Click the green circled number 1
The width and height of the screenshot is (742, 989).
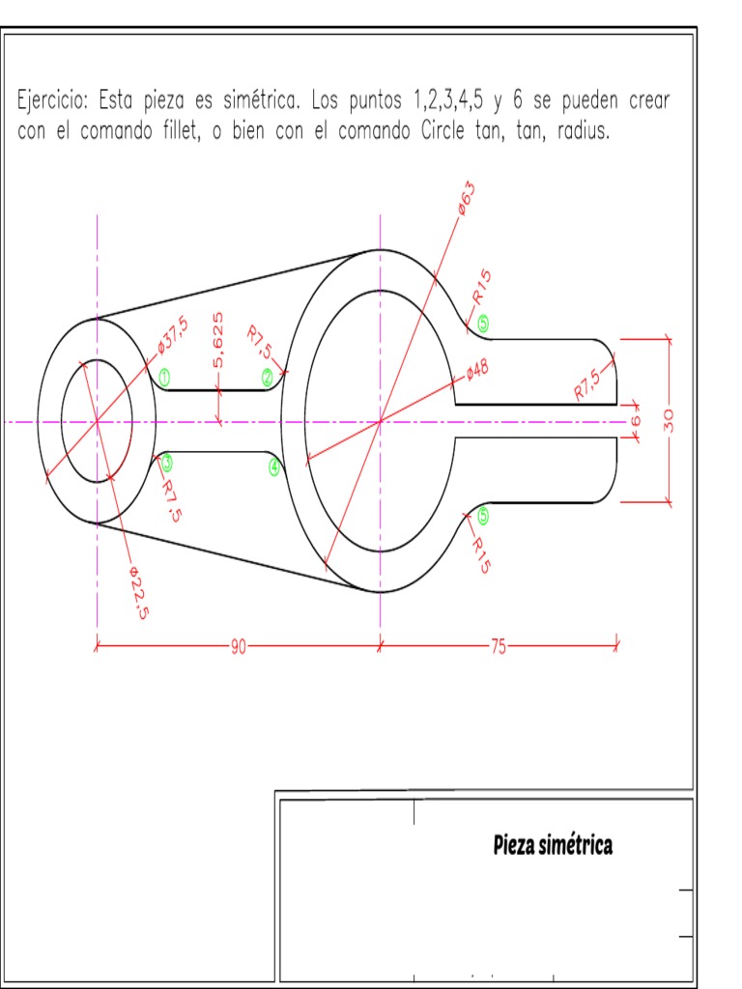click(165, 378)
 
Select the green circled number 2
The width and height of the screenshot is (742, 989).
click(268, 377)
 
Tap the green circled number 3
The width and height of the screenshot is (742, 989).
click(166, 462)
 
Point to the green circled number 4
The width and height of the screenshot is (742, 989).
click(274, 467)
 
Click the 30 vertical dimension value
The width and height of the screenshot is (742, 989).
click(670, 419)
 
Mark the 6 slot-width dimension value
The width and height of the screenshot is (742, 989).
click(636, 422)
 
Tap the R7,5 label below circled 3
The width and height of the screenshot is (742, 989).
click(170, 501)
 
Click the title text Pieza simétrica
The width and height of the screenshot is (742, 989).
click(553, 846)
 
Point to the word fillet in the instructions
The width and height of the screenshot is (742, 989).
click(187, 132)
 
